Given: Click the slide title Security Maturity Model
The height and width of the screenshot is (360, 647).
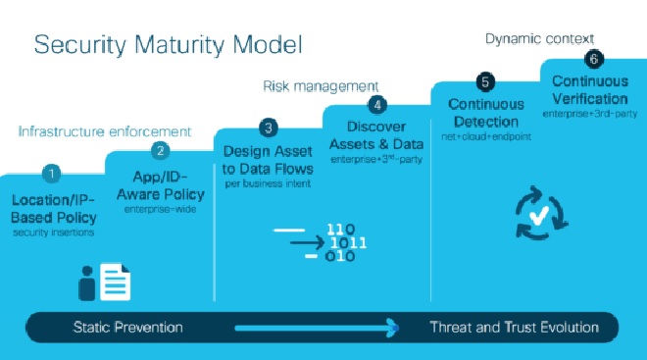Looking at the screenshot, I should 168,45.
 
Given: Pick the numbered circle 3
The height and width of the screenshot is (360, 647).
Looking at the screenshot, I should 267,128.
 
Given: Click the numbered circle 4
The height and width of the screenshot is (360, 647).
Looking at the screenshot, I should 376,104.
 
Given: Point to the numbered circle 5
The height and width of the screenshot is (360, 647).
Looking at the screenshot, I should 483,81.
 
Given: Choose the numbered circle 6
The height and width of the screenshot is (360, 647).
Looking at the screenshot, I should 592,59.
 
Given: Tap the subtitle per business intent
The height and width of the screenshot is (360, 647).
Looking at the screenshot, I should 267,183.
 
